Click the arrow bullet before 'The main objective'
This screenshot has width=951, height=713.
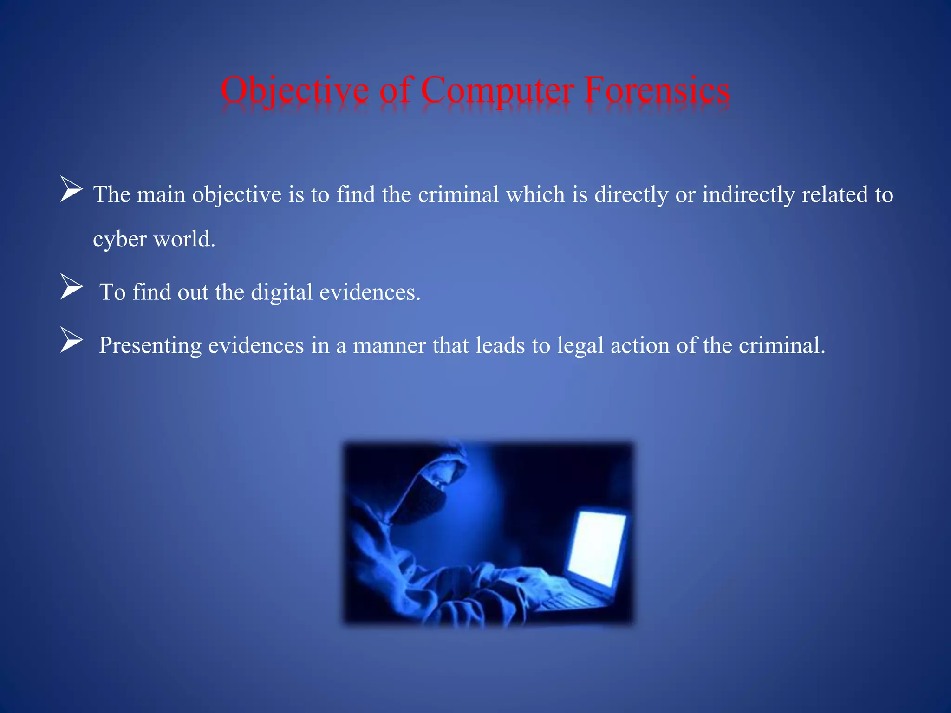[x=71, y=190]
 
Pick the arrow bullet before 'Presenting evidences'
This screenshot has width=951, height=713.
[x=71, y=340]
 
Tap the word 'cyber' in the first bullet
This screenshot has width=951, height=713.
[x=120, y=240]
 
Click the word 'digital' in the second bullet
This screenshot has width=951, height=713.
[x=281, y=292]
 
